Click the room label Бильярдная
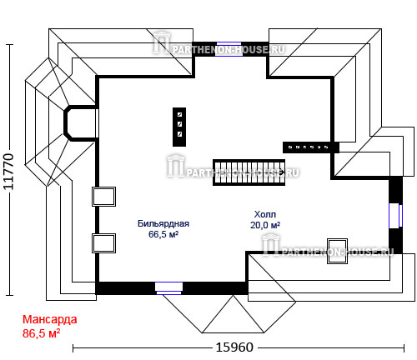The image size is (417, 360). [163, 223]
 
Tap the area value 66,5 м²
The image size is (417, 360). [163, 234]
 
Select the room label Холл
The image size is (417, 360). [265, 214]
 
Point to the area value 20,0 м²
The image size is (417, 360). [265, 225]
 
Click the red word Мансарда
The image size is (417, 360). [49, 319]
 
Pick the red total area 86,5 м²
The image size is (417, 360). [41, 333]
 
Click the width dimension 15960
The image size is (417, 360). [234, 347]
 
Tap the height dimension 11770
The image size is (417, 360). [8, 172]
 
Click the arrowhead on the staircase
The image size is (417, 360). [281, 172]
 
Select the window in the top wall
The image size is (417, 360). [229, 49]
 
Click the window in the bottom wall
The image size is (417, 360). [168, 288]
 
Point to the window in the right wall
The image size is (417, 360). [395, 216]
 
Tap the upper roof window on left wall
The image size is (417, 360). [103, 197]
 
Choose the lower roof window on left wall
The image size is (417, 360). [103, 243]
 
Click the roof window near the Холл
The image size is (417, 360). [337, 251]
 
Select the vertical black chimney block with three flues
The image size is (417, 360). [179, 127]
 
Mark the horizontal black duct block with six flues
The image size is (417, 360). [311, 147]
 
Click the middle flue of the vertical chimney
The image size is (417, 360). [179, 124]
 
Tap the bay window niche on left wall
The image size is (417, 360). [81, 123]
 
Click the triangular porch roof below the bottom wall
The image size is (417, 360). [233, 314]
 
